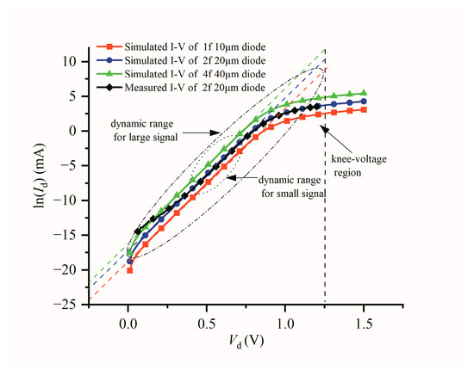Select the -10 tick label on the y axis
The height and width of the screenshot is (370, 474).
pos(66,200)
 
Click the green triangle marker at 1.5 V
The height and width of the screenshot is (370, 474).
pos(364,93)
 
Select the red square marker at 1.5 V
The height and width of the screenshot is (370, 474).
pos(364,109)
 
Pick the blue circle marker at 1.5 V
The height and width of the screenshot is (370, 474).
pos(364,102)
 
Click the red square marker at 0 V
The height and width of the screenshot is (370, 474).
pos(129,269)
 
